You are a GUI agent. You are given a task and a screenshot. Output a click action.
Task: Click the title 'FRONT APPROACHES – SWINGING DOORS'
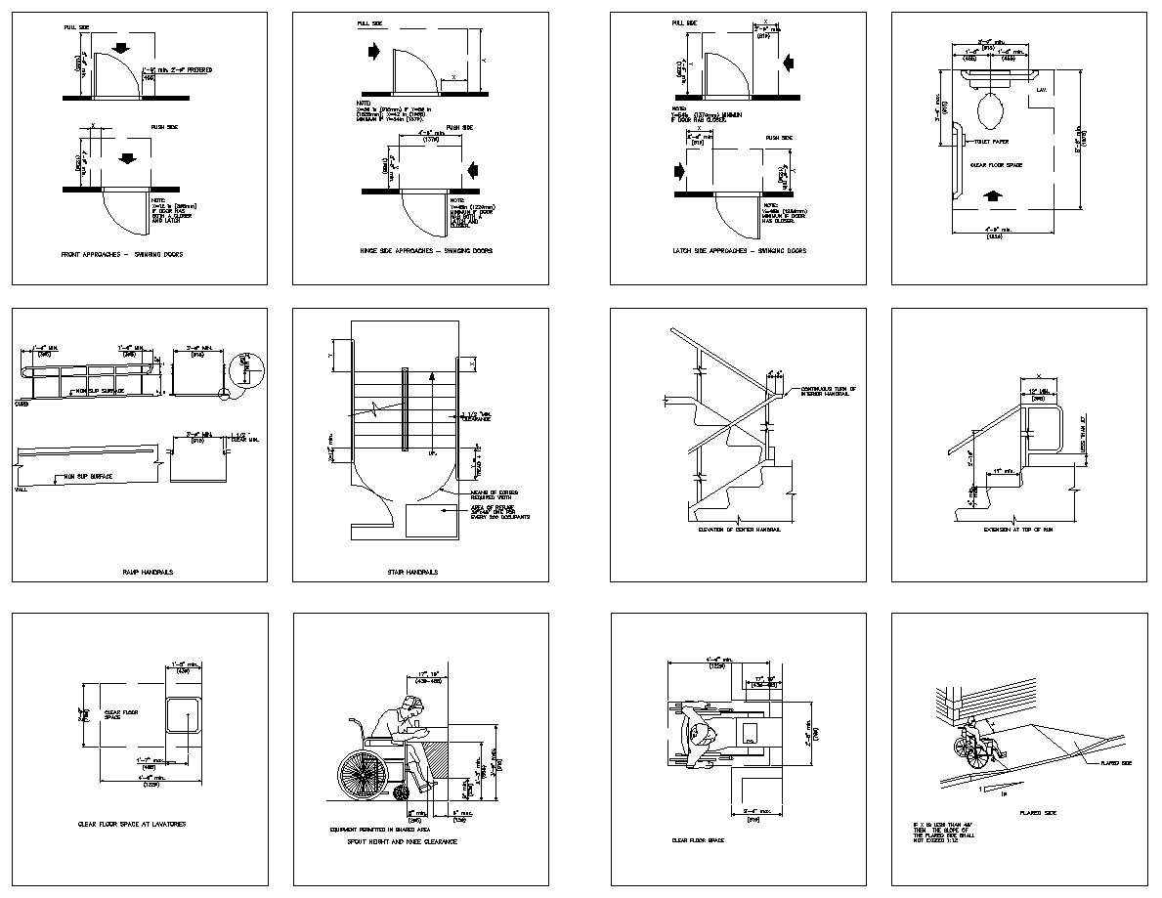121,254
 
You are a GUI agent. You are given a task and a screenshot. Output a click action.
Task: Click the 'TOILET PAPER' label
989,142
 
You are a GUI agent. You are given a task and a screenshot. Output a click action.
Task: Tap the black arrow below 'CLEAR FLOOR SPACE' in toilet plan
995,195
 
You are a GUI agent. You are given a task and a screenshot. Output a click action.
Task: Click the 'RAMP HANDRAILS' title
148,572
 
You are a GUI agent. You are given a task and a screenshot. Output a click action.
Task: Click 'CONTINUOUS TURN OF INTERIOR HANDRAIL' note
828,391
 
